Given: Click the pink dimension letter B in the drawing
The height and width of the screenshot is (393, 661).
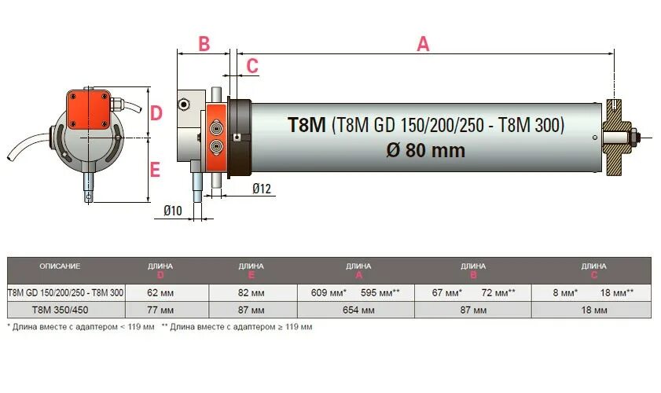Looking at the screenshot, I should tap(204, 44).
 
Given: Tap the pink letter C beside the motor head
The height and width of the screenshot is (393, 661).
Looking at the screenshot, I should tap(252, 66).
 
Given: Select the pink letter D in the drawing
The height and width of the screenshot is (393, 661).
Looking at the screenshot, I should tap(156, 113).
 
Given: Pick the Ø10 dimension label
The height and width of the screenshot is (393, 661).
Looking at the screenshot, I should tap(173, 210).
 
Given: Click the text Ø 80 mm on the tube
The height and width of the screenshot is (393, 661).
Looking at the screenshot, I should tap(426, 149).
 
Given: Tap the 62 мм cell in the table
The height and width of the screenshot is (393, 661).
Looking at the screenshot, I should tap(160, 292).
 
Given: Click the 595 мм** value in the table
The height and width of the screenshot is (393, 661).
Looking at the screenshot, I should tap(380, 292).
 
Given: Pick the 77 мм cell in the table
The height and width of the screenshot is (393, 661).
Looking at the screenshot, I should tap(160, 310).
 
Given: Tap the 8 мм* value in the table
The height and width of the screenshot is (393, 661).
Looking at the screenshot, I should tap(564, 292).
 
